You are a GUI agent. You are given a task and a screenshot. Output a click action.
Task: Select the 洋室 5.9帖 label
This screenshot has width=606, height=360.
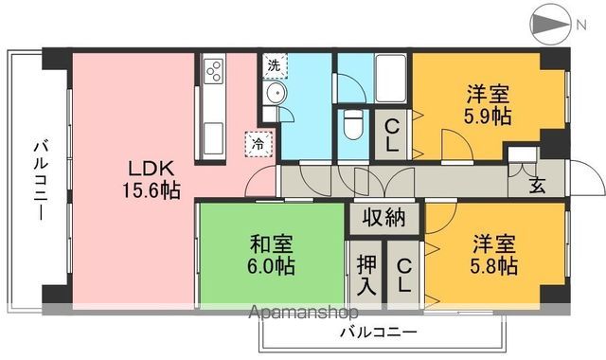(490, 106)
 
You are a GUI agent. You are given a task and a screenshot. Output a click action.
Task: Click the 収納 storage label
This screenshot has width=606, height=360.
(383, 218)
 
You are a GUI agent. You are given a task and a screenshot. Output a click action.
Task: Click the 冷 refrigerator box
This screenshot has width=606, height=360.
(257, 144)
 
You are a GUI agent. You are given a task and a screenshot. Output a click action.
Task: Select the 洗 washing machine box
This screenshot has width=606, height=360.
(273, 65)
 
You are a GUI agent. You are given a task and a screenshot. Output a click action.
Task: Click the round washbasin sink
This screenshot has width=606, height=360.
(275, 93)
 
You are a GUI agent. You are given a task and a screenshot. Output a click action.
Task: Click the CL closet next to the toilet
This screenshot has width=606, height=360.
(390, 135)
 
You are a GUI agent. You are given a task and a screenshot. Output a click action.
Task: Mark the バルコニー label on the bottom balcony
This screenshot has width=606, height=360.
(379, 333)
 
